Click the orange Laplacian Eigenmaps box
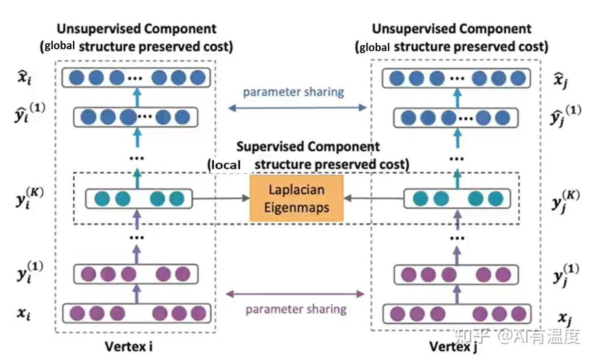pos(296,198)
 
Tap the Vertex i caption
pos(129,346)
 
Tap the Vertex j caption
pos(453,347)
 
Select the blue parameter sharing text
pos(293,92)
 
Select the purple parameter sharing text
pos(296,309)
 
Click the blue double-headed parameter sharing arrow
pos(297,108)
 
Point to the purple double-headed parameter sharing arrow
pos(295,294)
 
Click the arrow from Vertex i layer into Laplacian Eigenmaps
pos(221,198)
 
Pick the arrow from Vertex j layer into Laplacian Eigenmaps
pos(374,198)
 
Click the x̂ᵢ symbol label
pos(25,78)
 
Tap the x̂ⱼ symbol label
pos(561,80)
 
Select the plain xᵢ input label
pos(24,314)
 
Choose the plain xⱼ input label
pos(565,319)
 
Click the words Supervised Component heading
pos(308,146)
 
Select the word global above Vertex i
pos(59,46)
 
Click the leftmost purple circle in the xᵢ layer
pos(77,313)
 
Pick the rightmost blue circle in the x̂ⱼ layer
pos(518,78)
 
